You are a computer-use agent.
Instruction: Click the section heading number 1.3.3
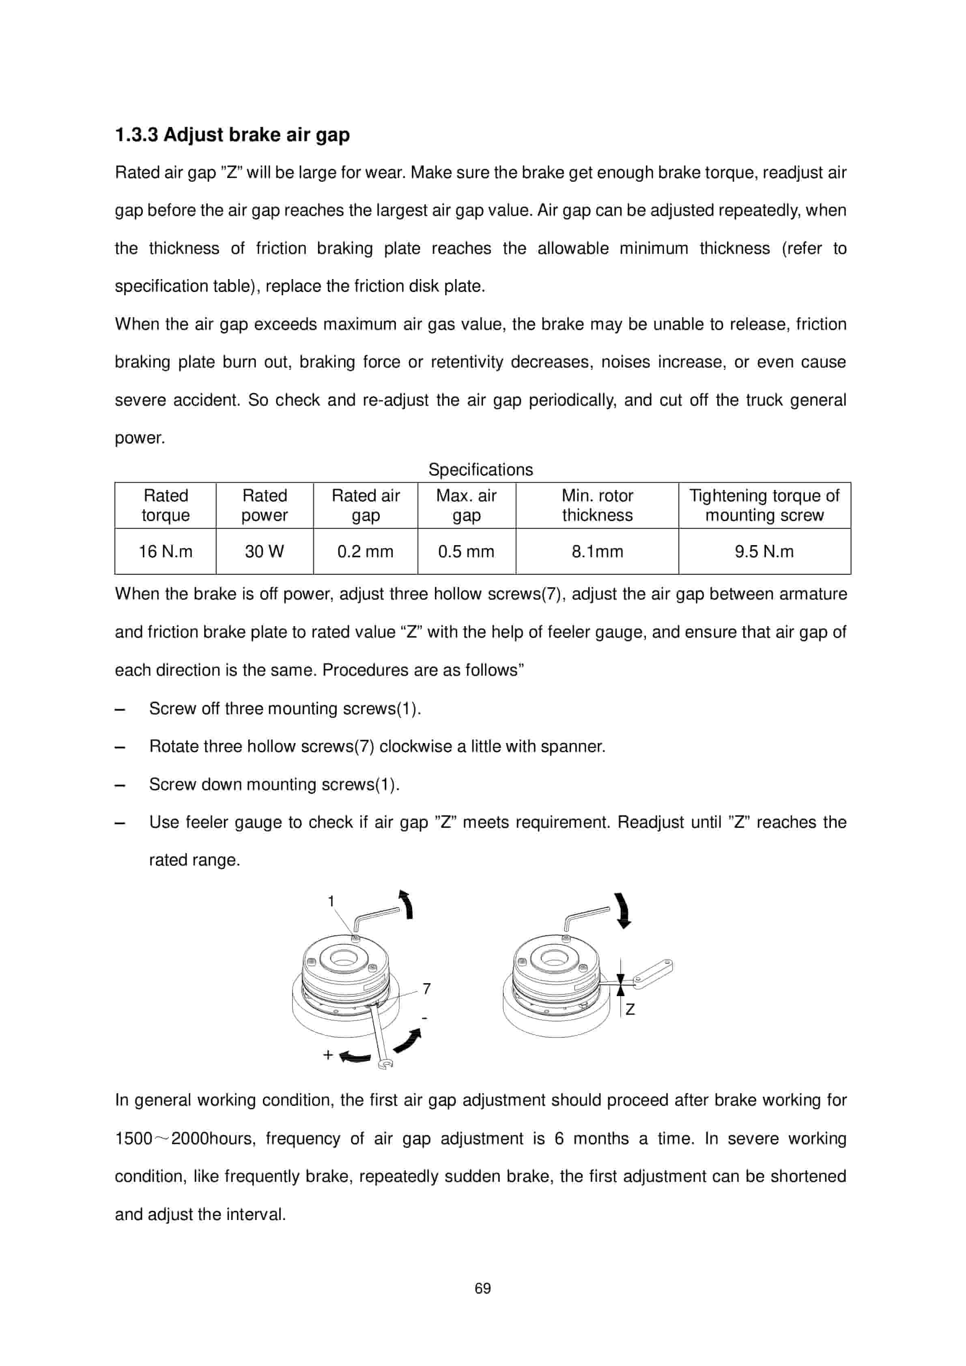(136, 135)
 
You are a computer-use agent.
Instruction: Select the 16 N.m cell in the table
(166, 552)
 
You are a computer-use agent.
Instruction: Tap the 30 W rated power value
(264, 552)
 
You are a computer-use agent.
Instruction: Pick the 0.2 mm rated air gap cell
(366, 552)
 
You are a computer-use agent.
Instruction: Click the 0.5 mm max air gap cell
(466, 552)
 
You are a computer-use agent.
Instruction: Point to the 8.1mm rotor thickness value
(597, 552)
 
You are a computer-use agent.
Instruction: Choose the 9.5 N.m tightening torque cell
(764, 552)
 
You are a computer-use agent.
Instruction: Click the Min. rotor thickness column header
(597, 505)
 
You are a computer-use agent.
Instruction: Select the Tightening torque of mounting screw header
(764, 505)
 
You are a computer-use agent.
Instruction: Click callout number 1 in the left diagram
(331, 901)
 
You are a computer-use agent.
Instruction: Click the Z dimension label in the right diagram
(630, 1009)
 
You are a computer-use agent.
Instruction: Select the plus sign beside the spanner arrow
(328, 1055)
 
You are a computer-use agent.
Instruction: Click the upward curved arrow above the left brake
(407, 905)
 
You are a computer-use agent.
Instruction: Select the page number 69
(483, 1289)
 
